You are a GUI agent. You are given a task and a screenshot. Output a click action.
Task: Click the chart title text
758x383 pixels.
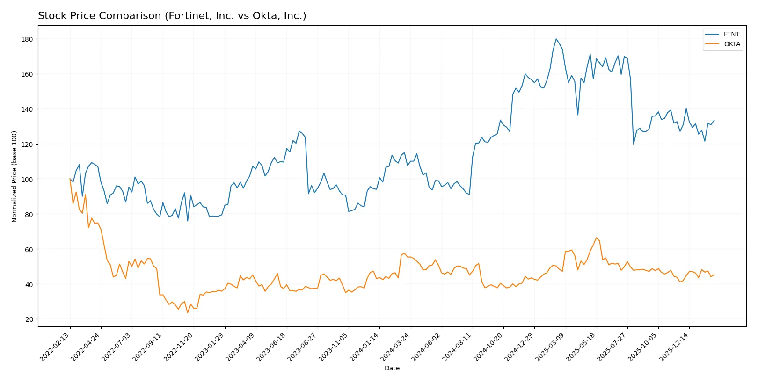tap(172, 16)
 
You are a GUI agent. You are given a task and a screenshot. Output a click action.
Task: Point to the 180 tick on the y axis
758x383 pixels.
tap(27, 39)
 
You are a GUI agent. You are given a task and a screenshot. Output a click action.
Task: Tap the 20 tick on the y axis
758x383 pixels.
tap(29, 319)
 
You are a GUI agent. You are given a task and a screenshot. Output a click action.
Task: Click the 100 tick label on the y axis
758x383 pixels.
tap(27, 179)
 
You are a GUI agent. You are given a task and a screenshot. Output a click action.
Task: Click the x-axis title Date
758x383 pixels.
tap(392, 368)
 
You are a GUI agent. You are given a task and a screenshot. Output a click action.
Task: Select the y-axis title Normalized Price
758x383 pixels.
tap(15, 176)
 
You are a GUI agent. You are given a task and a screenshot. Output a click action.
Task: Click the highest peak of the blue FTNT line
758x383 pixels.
tap(556, 39)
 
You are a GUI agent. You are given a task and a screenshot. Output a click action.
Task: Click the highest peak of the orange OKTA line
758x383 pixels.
tap(596, 238)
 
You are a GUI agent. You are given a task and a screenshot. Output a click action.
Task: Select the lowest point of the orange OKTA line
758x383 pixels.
tap(188, 312)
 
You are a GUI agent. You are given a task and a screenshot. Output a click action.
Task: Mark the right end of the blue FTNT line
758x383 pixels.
tap(714, 120)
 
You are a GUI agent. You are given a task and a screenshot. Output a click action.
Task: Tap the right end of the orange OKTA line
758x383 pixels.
tap(714, 275)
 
